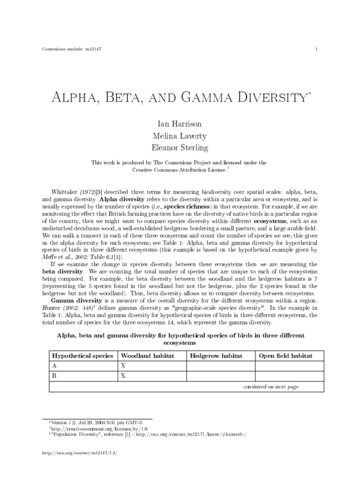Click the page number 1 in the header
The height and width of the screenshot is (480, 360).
(x=317, y=50)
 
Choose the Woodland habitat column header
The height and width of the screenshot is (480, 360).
(x=148, y=356)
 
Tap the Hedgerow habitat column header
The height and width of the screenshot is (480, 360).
(x=216, y=356)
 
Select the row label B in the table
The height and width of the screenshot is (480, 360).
(x=55, y=375)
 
